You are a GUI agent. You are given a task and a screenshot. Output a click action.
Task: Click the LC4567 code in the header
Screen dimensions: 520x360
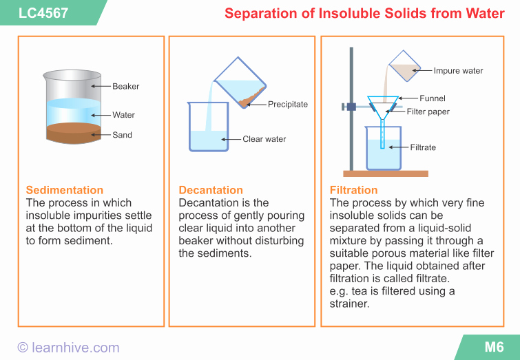(43, 12)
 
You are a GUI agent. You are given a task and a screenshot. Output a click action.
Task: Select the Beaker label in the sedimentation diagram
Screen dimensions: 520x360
(126, 86)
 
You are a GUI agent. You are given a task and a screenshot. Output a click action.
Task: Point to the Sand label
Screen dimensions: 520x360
(123, 135)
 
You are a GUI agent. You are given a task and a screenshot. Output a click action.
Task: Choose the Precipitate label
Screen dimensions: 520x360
(288, 104)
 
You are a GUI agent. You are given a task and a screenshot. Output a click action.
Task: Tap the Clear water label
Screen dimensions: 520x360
(264, 139)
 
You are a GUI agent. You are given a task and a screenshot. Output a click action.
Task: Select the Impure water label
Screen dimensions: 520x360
(458, 70)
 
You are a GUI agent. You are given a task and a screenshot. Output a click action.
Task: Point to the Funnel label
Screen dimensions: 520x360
(433, 98)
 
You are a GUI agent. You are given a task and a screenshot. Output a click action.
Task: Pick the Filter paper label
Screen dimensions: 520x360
(428, 112)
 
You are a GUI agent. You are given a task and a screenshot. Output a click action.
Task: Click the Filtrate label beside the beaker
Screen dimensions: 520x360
(423, 147)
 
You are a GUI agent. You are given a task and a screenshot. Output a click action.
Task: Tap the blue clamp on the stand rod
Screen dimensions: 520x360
(351, 106)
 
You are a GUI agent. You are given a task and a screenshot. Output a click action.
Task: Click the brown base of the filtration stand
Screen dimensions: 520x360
(386, 173)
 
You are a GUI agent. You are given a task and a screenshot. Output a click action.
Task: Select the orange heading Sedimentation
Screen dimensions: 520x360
(65, 190)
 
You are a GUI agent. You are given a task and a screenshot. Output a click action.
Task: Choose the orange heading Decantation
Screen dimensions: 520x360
(211, 190)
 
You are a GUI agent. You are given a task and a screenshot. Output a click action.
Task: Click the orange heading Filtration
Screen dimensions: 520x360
(354, 190)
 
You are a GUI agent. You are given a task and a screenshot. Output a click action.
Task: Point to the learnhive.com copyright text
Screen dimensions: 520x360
(68, 348)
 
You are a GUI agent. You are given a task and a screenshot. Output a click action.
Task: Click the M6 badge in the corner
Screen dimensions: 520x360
(494, 347)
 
